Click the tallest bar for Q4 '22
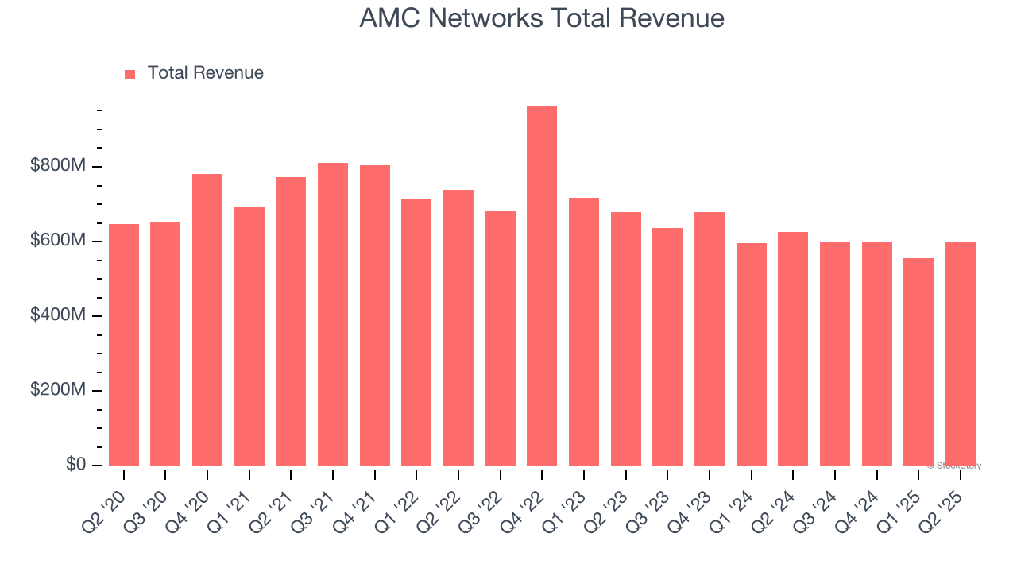click(542, 286)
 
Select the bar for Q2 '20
click(124, 345)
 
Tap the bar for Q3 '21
click(333, 315)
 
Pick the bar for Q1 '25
click(918, 362)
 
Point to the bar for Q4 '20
click(207, 319)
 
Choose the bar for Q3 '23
click(667, 346)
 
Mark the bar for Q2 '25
click(960, 354)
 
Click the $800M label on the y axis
click(58, 166)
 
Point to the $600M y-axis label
click(58, 241)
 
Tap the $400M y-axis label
click(58, 315)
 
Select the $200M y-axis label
click(58, 390)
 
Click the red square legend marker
click(130, 74)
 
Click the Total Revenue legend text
click(205, 73)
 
